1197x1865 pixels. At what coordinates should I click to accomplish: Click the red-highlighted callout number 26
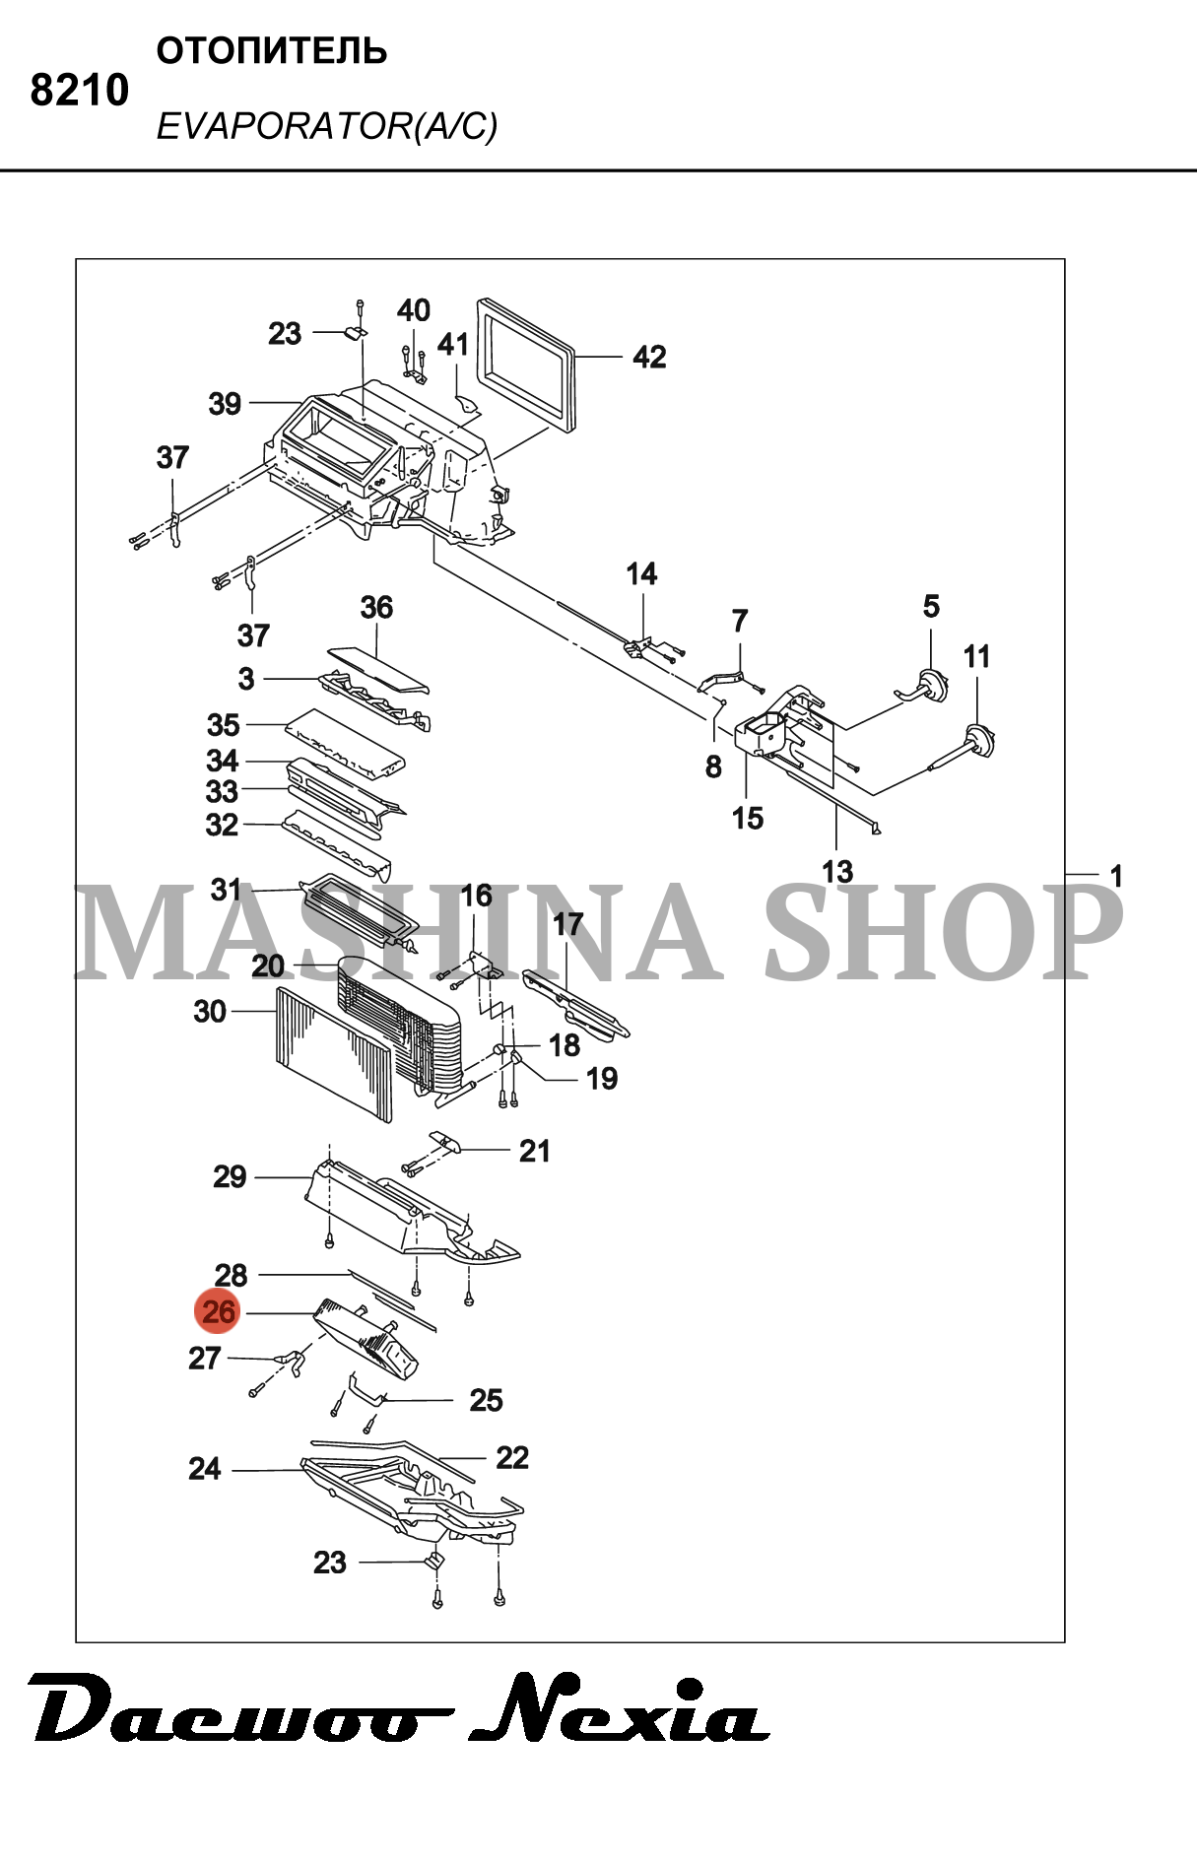(219, 1311)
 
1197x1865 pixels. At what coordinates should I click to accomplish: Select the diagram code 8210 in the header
(79, 91)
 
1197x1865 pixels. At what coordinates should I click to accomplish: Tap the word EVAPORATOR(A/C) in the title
(326, 126)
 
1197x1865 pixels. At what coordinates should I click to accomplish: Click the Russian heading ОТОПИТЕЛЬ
(271, 51)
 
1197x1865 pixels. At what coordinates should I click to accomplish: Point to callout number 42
(649, 357)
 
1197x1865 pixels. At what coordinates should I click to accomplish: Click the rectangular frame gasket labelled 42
(526, 365)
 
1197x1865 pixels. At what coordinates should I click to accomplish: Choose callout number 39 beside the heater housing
(225, 403)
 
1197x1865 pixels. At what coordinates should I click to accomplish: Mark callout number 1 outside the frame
(1115, 875)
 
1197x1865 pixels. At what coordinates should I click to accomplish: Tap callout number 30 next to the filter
(210, 1011)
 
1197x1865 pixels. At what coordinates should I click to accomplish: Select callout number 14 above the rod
(641, 573)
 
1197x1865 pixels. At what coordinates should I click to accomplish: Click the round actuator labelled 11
(978, 738)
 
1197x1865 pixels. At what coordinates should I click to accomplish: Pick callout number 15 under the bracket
(748, 818)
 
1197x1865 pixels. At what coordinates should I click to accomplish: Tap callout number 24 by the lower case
(204, 1469)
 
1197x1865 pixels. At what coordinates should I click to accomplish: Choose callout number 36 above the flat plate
(376, 607)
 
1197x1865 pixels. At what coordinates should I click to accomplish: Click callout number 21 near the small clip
(534, 1150)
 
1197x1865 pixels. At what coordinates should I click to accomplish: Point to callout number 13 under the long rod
(837, 871)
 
